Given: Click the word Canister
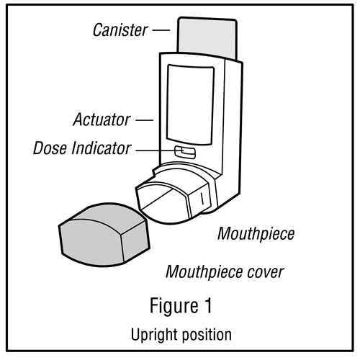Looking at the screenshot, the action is (x=120, y=30).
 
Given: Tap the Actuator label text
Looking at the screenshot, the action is (x=102, y=120).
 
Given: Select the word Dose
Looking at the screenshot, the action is (x=50, y=148).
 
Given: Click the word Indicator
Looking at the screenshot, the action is (x=102, y=148).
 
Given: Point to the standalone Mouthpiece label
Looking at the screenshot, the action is (x=256, y=234).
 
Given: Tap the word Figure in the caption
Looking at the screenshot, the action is (x=174, y=305).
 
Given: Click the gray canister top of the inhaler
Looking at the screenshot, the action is (x=207, y=38).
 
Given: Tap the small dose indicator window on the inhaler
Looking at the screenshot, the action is (x=185, y=152).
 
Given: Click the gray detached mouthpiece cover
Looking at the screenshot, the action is (x=104, y=235).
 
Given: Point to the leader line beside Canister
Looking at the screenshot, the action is (x=161, y=30).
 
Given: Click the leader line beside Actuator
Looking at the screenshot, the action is (x=145, y=120).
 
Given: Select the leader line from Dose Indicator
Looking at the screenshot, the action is (x=159, y=150).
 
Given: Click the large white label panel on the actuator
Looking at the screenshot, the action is (x=190, y=104).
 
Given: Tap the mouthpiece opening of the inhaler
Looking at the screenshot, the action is (x=163, y=200).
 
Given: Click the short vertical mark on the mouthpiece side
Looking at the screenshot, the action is (x=202, y=199).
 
